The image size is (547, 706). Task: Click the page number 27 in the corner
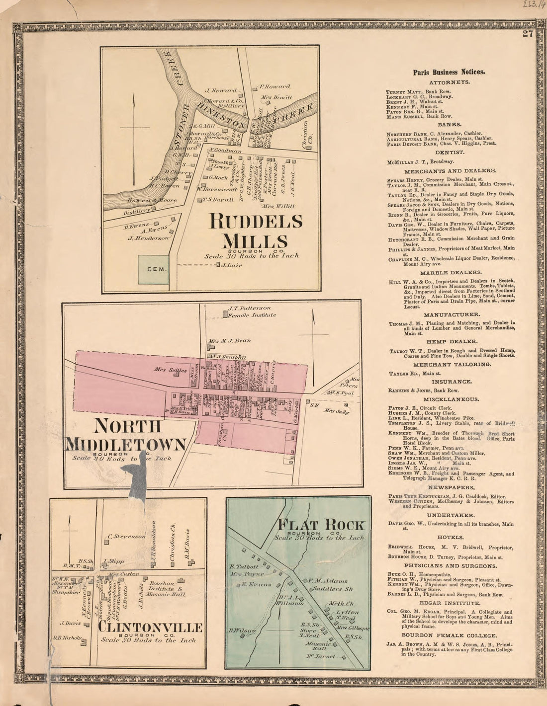528,34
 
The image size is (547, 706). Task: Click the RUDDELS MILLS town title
256,231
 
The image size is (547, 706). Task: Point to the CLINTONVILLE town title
150,628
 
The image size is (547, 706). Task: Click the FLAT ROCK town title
322,525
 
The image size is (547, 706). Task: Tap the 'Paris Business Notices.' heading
449,72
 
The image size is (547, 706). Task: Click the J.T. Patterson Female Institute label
251,312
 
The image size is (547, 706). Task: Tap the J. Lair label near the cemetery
232,265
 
